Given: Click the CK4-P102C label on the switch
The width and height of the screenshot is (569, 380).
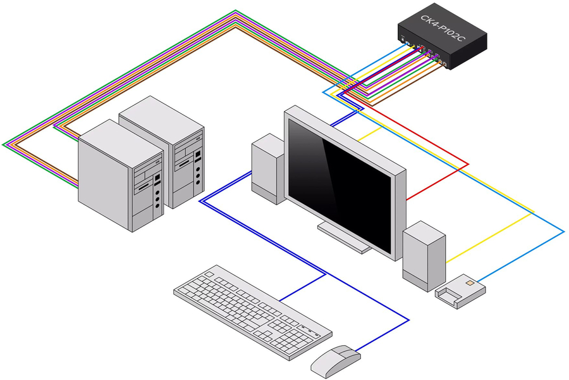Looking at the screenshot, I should (x=443, y=28).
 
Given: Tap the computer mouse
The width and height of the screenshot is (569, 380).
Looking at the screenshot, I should (x=335, y=360).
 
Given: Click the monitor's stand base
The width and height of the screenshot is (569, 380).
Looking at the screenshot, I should (x=345, y=237).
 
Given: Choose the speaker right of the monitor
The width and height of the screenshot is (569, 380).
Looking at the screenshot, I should (x=424, y=256).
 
